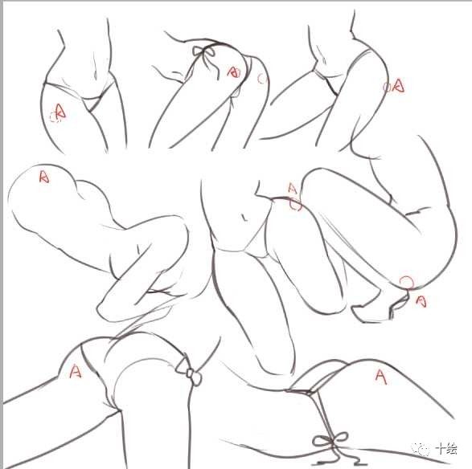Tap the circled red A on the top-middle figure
pos(234,72)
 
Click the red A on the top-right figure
pos(399,84)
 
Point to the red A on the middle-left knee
pos(44,176)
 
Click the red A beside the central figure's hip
pos(293,190)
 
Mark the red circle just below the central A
pos(295,204)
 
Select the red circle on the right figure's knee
pos(407,282)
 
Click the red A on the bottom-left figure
pos(76,371)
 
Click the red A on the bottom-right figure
pos(381,373)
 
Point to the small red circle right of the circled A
pos(261,79)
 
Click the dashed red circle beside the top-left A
pos(55,117)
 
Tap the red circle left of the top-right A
pos(388,87)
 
